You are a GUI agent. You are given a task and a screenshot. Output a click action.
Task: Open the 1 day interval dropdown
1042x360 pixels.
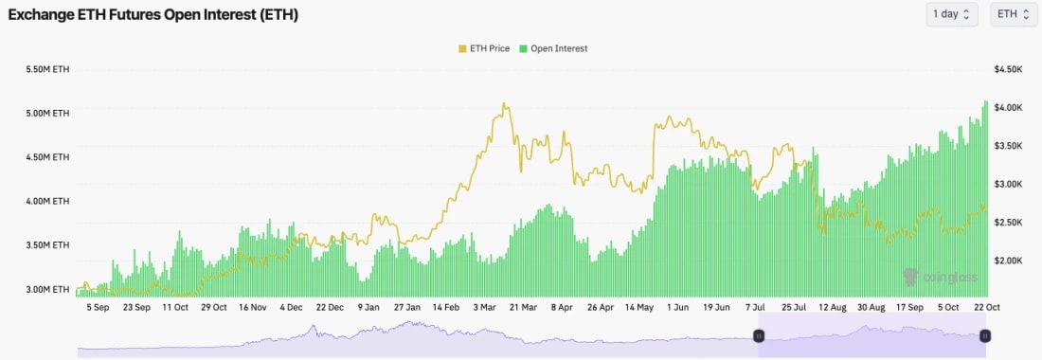pyautogui.click(x=952, y=14)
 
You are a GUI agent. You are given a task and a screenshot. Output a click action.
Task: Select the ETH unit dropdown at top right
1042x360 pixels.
pyautogui.click(x=1013, y=14)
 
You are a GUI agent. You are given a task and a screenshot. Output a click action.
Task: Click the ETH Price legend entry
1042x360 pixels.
pyautogui.click(x=485, y=48)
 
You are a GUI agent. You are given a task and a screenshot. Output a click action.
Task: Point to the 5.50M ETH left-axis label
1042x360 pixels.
pyautogui.click(x=47, y=70)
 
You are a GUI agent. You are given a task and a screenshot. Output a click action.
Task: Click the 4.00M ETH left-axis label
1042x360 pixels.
pyautogui.click(x=47, y=201)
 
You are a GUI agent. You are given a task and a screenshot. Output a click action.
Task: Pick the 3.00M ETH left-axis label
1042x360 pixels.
pyautogui.click(x=47, y=289)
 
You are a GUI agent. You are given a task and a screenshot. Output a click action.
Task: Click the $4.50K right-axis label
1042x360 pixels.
pyautogui.click(x=1008, y=70)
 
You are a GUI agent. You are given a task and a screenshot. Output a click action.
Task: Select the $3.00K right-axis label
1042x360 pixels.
pyautogui.click(x=1008, y=184)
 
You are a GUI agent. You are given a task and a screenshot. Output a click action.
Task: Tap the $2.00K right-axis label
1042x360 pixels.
pyautogui.click(x=1008, y=261)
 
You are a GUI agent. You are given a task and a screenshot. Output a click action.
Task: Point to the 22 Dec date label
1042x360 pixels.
pyautogui.click(x=330, y=308)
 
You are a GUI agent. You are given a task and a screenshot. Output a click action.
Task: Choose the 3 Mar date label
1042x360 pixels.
pyautogui.click(x=483, y=308)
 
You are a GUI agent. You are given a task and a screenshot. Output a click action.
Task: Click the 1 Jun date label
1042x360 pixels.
pyautogui.click(x=677, y=308)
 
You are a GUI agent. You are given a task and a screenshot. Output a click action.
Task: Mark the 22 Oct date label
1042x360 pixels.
pyautogui.click(x=986, y=308)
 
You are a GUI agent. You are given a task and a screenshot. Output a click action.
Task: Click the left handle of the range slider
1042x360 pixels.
pyautogui.click(x=759, y=335)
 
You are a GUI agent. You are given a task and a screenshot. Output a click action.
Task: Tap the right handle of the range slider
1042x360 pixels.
pyautogui.click(x=985, y=335)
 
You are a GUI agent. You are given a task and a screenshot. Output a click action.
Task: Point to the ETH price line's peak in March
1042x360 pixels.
pyautogui.click(x=505, y=104)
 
